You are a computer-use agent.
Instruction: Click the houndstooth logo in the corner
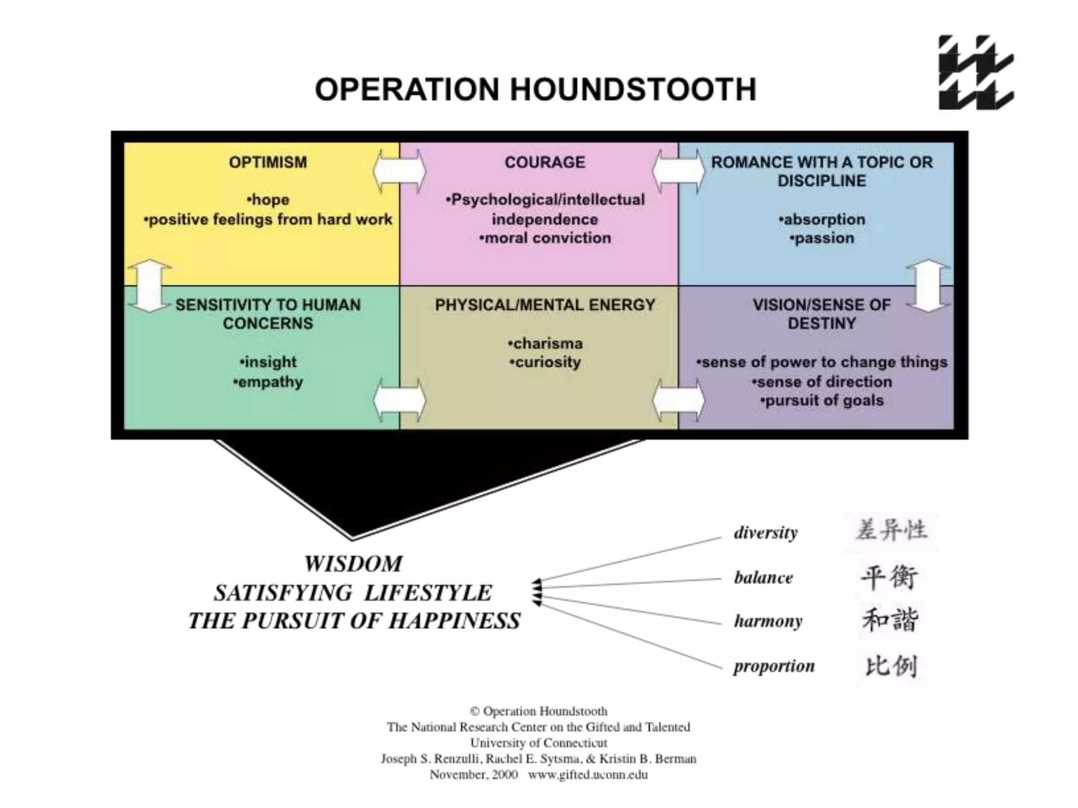tap(976, 73)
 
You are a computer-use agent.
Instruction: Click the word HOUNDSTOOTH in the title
tap(633, 89)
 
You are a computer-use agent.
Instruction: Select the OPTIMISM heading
tap(267, 162)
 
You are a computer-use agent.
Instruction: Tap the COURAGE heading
tap(545, 162)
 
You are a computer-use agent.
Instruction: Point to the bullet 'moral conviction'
tap(545, 238)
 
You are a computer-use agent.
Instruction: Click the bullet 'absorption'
tap(822, 219)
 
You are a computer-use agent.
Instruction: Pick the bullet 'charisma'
tap(545, 344)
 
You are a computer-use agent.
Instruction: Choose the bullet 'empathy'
tap(268, 382)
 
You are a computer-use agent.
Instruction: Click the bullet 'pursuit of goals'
tap(822, 401)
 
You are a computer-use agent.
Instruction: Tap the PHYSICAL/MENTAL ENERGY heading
tap(545, 305)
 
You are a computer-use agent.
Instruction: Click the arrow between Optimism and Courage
tap(400, 171)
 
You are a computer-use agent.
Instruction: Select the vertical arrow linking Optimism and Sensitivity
tap(149, 286)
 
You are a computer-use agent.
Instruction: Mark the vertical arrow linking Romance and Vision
tap(929, 286)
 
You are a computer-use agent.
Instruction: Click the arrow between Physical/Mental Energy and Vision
tap(678, 400)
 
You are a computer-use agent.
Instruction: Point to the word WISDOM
tap(353, 564)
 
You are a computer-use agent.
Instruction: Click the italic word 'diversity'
tap(766, 532)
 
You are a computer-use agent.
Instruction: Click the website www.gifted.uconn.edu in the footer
tap(588, 774)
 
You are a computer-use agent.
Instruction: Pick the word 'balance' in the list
tap(763, 578)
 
